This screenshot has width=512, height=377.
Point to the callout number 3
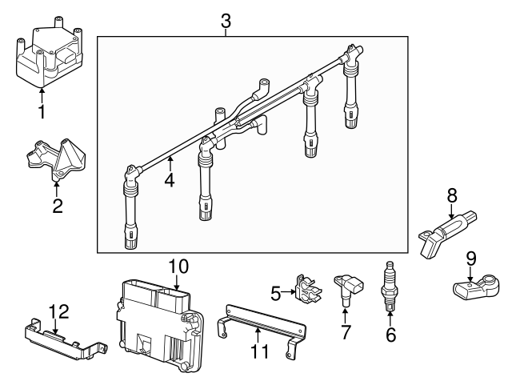(x=226, y=22)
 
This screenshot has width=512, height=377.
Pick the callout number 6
(x=390, y=335)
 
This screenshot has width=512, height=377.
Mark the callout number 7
(x=346, y=332)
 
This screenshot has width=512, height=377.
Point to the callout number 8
(x=452, y=194)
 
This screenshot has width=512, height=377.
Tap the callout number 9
(x=470, y=258)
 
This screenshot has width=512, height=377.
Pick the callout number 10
(x=178, y=265)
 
